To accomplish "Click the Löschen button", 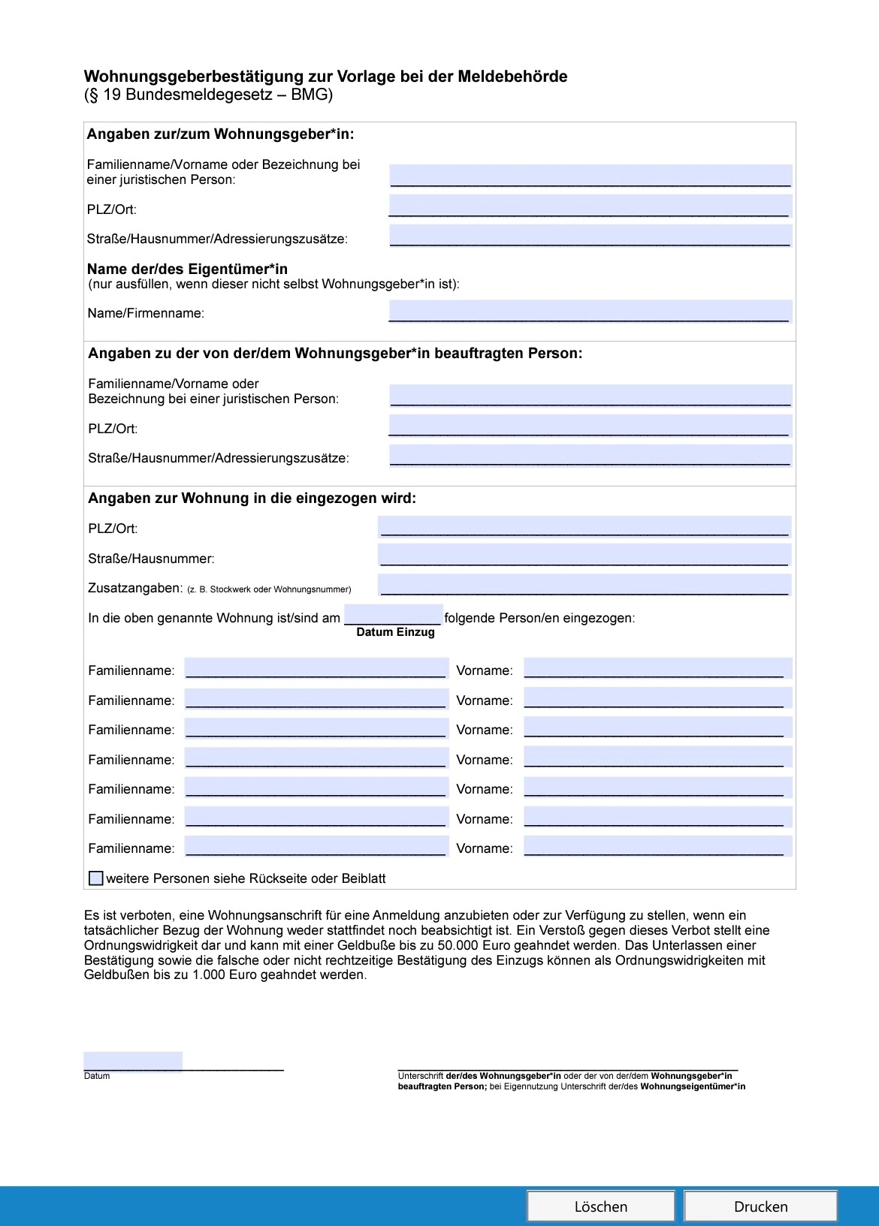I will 600,1206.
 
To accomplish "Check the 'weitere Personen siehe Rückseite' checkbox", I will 96,878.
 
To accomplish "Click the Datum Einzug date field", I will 393,615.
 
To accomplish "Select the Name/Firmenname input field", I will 590,311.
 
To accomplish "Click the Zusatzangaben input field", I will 584,585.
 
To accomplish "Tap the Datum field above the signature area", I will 133,1062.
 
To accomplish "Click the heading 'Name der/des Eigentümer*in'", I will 187,269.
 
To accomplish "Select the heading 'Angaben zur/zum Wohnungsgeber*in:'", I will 220,134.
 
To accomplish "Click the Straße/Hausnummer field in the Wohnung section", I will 584,555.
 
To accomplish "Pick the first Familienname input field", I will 316,668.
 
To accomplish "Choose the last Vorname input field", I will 657,846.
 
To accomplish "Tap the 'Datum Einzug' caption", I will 395,632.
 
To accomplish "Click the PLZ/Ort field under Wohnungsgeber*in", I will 590,206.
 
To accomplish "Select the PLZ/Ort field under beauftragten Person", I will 590,426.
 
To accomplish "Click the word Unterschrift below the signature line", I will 420,1076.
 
